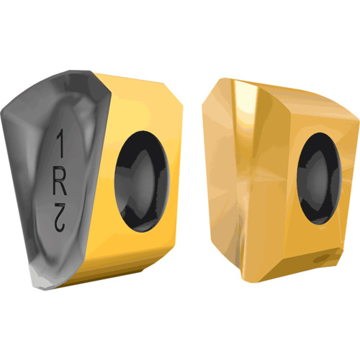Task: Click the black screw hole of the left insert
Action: [143, 181]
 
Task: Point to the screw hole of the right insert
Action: [319, 179]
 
